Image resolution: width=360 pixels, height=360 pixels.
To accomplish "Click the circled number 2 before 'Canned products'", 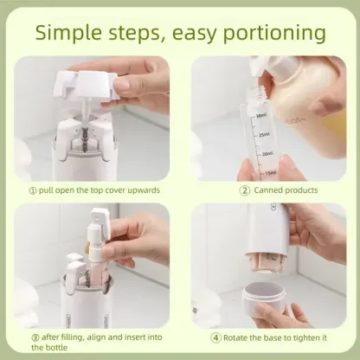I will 245,190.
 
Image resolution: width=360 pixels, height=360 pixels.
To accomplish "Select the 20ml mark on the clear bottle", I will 267,153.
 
